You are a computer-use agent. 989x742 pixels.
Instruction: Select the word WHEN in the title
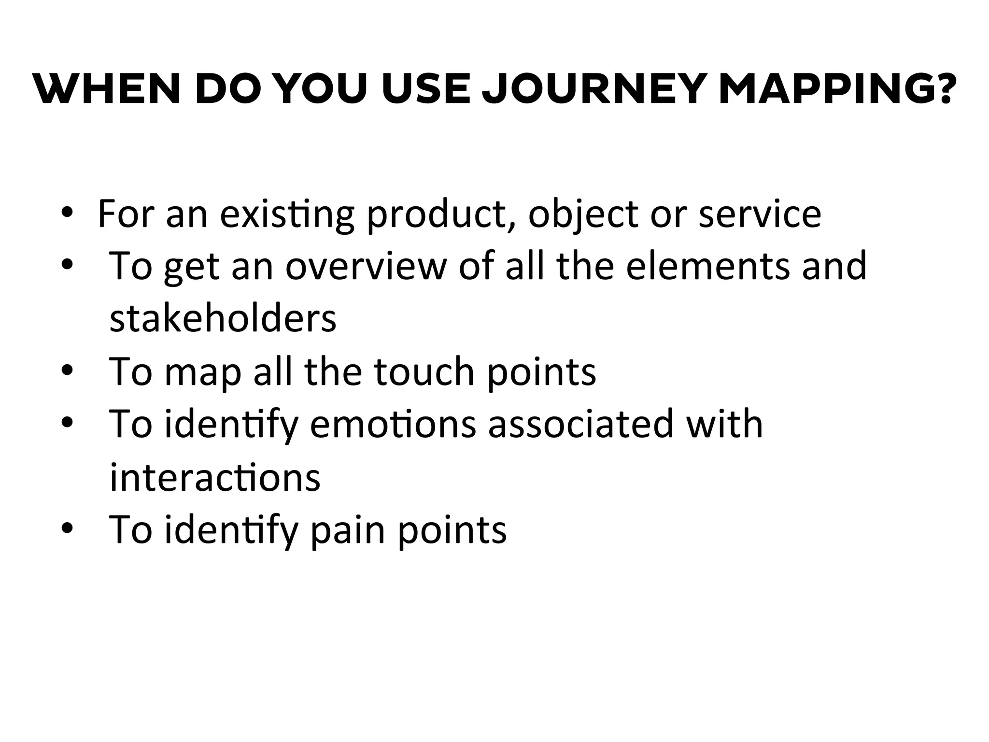click(x=107, y=89)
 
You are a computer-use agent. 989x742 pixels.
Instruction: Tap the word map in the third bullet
click(x=203, y=371)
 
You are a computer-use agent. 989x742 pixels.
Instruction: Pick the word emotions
click(x=393, y=424)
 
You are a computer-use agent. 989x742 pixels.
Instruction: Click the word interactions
click(x=215, y=477)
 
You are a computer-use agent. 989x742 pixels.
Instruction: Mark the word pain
click(x=348, y=530)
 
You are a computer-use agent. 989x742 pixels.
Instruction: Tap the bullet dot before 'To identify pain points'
click(x=67, y=528)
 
